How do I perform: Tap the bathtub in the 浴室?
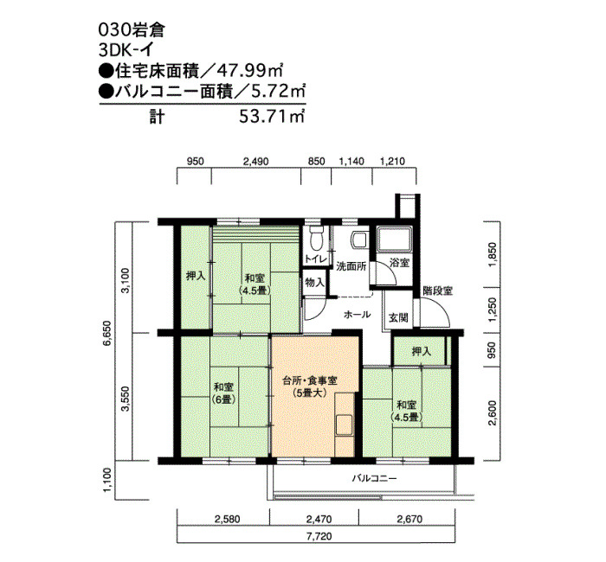click(x=395, y=239)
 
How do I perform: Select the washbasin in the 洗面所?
click(x=358, y=239)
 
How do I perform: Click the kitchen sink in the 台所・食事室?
click(x=344, y=425)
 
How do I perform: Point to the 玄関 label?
click(x=398, y=318)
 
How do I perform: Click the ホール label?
click(x=357, y=315)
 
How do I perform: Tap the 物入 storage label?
click(x=314, y=283)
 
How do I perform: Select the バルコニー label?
click(x=374, y=479)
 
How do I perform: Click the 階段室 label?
click(x=437, y=291)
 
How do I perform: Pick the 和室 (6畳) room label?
click(x=223, y=393)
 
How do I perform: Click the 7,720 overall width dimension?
click(x=320, y=536)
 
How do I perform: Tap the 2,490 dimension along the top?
click(x=256, y=161)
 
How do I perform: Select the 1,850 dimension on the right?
click(x=492, y=254)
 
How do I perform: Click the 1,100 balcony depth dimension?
click(x=107, y=480)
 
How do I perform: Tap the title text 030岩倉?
click(x=132, y=30)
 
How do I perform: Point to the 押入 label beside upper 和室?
click(x=196, y=276)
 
